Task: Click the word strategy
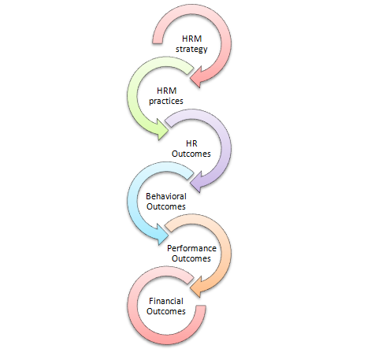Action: coord(191,49)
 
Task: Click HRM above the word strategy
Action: coord(192,39)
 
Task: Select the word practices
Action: coord(166,101)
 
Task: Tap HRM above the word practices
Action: coord(167,91)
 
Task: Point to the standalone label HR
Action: coord(191,143)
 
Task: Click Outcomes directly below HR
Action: coord(191,154)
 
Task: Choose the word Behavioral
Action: coord(166,196)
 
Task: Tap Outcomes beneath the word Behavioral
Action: coord(166,206)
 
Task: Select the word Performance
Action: coord(191,248)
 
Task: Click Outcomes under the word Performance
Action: coord(191,258)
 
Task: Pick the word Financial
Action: coord(166,301)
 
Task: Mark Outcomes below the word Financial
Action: coord(166,311)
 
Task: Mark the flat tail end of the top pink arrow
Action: coord(158,43)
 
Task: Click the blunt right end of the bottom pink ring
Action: coord(201,306)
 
